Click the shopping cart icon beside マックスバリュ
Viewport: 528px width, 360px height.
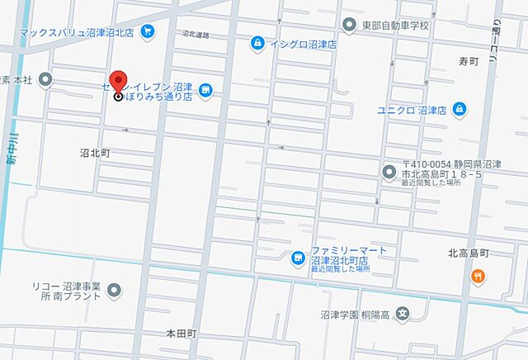(148, 32)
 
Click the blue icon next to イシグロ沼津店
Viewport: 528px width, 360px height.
(258, 41)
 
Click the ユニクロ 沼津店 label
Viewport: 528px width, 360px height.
(412, 109)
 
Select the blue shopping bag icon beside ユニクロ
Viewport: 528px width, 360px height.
(459, 109)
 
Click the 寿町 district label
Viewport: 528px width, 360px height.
(469, 61)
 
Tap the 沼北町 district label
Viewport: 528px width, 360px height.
(95, 154)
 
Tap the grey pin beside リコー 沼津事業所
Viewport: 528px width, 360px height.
(115, 290)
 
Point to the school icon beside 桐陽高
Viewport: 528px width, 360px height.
(402, 314)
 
